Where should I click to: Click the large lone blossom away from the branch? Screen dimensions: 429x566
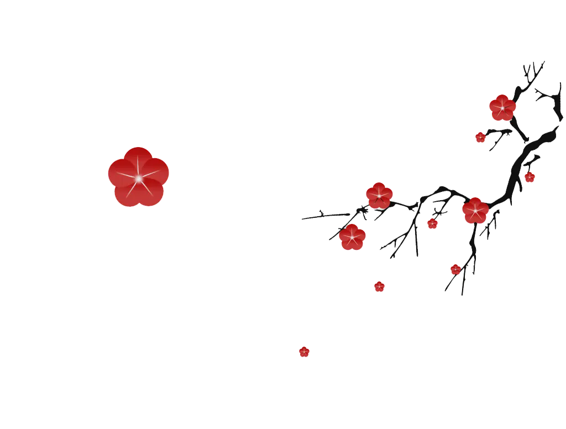coord(138,177)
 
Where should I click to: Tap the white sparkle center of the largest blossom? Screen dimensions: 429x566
coord(138,177)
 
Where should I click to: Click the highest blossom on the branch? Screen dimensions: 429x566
coord(502,108)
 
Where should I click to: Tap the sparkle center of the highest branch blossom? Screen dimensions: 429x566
coord(502,108)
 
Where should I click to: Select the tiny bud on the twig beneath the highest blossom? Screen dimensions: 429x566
coord(480,137)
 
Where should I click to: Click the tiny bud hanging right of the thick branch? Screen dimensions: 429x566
coord(530,177)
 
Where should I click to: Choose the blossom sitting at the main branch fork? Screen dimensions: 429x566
coord(475,211)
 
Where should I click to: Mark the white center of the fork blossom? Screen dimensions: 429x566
coord(475,211)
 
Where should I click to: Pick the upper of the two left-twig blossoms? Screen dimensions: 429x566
coord(379,196)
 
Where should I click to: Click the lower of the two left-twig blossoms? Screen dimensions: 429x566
coord(352,237)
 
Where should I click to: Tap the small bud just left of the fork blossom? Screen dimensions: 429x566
coord(432,223)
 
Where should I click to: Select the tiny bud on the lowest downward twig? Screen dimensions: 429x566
coord(455,269)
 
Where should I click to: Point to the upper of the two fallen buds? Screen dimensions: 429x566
coord(379,286)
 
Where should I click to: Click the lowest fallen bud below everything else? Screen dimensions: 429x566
coord(304,352)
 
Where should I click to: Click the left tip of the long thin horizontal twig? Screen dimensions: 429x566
coord(303,219)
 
